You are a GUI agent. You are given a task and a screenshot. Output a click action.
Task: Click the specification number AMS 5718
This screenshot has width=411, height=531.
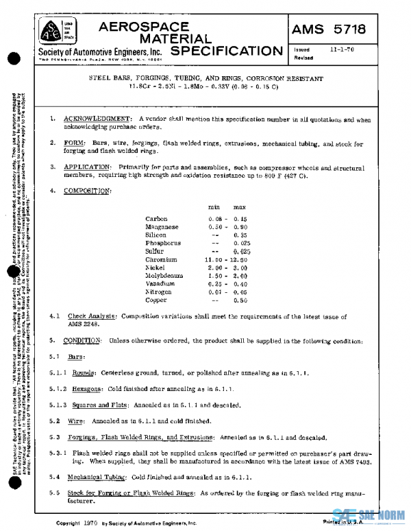pos(329,29)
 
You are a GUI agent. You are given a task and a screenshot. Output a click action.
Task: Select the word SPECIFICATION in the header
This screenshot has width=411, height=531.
pos(226,51)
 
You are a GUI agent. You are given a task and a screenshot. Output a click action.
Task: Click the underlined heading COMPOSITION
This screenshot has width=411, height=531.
pos(87,190)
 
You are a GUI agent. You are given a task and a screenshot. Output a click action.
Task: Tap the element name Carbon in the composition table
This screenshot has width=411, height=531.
pos(156,219)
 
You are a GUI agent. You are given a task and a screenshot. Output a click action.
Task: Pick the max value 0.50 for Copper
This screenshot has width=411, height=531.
pos(240,300)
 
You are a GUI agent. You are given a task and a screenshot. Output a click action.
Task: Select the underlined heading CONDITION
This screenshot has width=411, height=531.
pos(82,341)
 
